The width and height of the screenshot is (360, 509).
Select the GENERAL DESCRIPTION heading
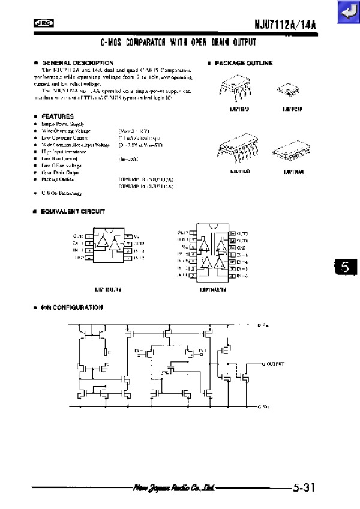coord(77,62)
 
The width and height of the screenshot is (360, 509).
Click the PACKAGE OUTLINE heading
coord(243,63)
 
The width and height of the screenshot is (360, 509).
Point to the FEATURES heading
coord(58,116)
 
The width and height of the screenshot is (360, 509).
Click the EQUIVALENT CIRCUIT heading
coord(73,211)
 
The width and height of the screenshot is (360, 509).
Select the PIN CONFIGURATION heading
coord(72,307)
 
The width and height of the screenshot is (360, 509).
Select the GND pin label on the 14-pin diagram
coord(242,247)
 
